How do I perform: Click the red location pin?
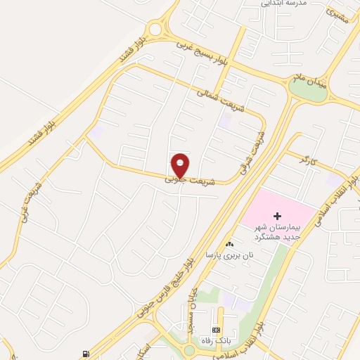coord(181,165)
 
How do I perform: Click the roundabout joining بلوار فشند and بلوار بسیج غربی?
coord(155,30)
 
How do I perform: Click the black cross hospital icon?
coord(277,215)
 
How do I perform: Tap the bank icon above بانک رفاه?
coord(215,330)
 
